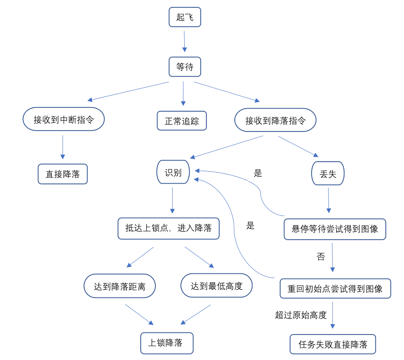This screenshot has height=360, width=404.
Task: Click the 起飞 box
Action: (x=185, y=17)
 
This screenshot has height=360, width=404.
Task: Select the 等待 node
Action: (x=185, y=67)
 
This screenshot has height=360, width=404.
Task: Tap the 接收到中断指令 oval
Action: (x=63, y=119)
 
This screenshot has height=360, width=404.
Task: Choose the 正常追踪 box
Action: (x=182, y=121)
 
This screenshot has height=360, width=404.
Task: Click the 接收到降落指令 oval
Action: (x=275, y=120)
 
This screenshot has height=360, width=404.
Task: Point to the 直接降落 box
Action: (x=63, y=174)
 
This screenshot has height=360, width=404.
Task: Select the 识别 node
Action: (x=173, y=172)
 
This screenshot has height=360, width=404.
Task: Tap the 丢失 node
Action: (x=328, y=174)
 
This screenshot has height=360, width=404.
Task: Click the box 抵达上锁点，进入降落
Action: (x=168, y=228)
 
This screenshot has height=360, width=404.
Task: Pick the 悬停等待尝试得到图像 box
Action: (x=335, y=229)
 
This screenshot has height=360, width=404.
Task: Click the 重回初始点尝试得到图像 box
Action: (x=335, y=288)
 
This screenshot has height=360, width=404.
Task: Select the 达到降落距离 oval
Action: (x=120, y=286)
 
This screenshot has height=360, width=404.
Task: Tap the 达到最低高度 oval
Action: (x=216, y=285)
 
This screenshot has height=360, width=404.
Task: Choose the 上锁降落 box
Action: (x=167, y=343)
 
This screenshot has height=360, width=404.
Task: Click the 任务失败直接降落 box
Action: (x=333, y=344)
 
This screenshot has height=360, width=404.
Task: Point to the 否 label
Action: (x=321, y=257)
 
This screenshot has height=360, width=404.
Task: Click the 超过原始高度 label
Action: (x=301, y=315)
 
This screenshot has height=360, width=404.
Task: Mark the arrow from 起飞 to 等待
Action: (x=184, y=41)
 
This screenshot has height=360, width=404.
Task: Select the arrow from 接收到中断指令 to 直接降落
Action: (x=63, y=147)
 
